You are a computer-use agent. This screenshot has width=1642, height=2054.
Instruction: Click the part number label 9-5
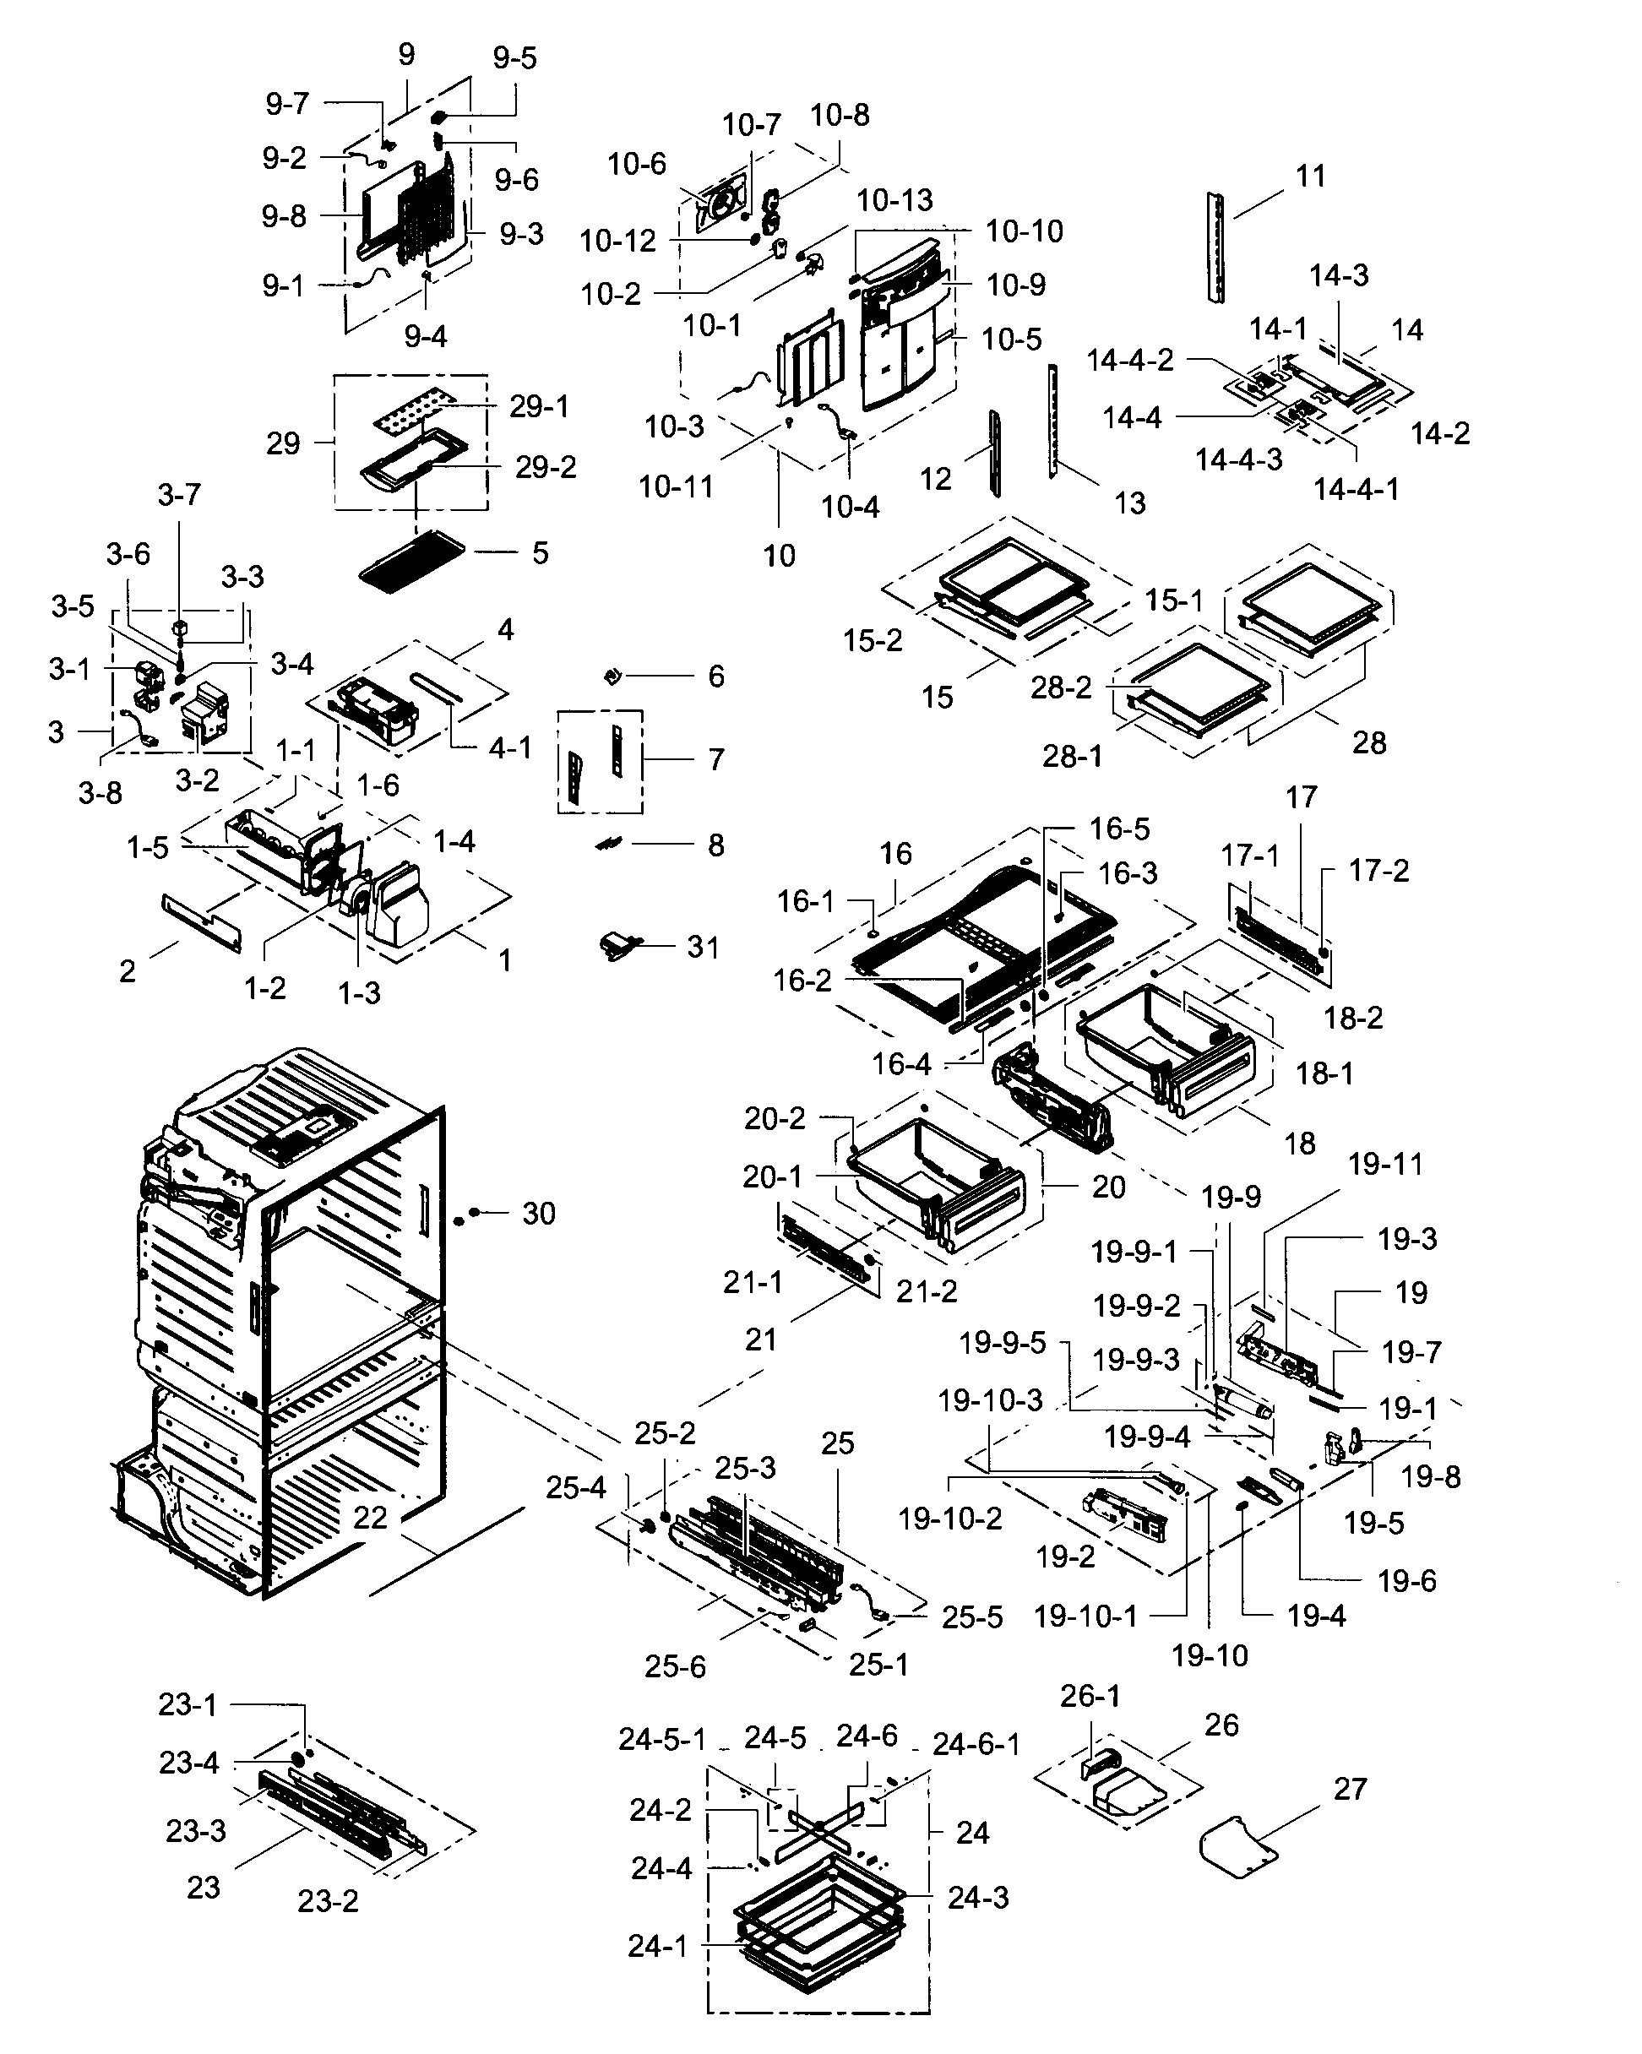[514, 58]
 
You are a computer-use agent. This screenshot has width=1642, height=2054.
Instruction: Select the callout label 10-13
[894, 200]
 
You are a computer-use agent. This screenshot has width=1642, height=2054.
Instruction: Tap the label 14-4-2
[1130, 360]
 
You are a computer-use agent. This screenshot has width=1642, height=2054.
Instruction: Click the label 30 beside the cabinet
[538, 1213]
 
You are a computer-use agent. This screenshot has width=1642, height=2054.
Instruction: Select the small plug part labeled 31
[617, 946]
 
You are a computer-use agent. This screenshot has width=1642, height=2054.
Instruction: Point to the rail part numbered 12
[995, 453]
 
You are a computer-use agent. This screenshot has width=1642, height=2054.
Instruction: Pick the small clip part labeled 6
[612, 677]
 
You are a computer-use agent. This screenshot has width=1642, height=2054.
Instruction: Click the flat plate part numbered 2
[201, 922]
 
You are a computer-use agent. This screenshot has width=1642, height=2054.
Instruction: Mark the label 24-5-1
[662, 1740]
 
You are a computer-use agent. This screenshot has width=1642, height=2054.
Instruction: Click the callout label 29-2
[545, 467]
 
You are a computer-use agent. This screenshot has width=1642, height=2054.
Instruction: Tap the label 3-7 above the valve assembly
[179, 494]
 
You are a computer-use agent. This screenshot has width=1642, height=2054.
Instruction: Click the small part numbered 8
[608, 844]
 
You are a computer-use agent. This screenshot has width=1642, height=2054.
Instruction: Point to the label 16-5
[1120, 829]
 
